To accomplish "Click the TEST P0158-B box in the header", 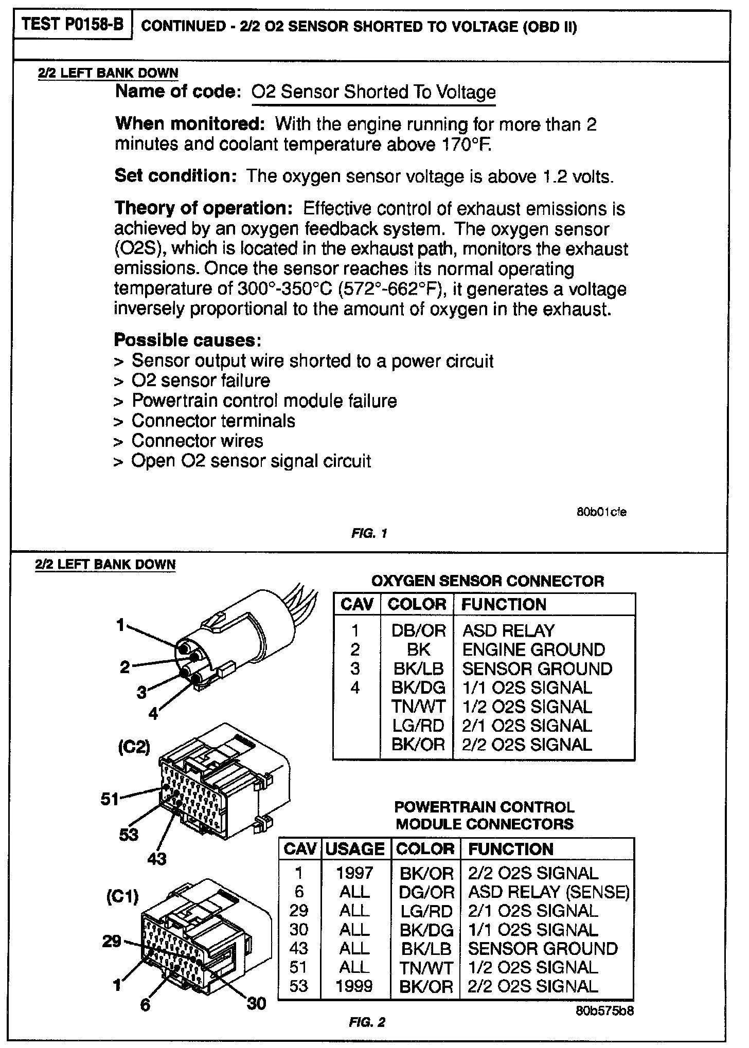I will [x=74, y=25].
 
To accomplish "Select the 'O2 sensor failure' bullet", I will [x=201, y=381].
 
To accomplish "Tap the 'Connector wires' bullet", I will [x=197, y=441].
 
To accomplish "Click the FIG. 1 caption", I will [x=369, y=534].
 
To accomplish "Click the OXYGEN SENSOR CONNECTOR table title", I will [x=487, y=581].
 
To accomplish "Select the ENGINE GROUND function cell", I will [x=533, y=649].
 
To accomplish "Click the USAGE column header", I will [x=355, y=848].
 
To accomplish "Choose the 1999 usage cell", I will [x=354, y=986].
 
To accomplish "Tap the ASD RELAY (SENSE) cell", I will [x=548, y=892].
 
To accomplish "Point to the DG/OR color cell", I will [x=426, y=892].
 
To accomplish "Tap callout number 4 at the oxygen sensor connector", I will [x=153, y=714].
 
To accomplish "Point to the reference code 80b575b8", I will [x=604, y=1010].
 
